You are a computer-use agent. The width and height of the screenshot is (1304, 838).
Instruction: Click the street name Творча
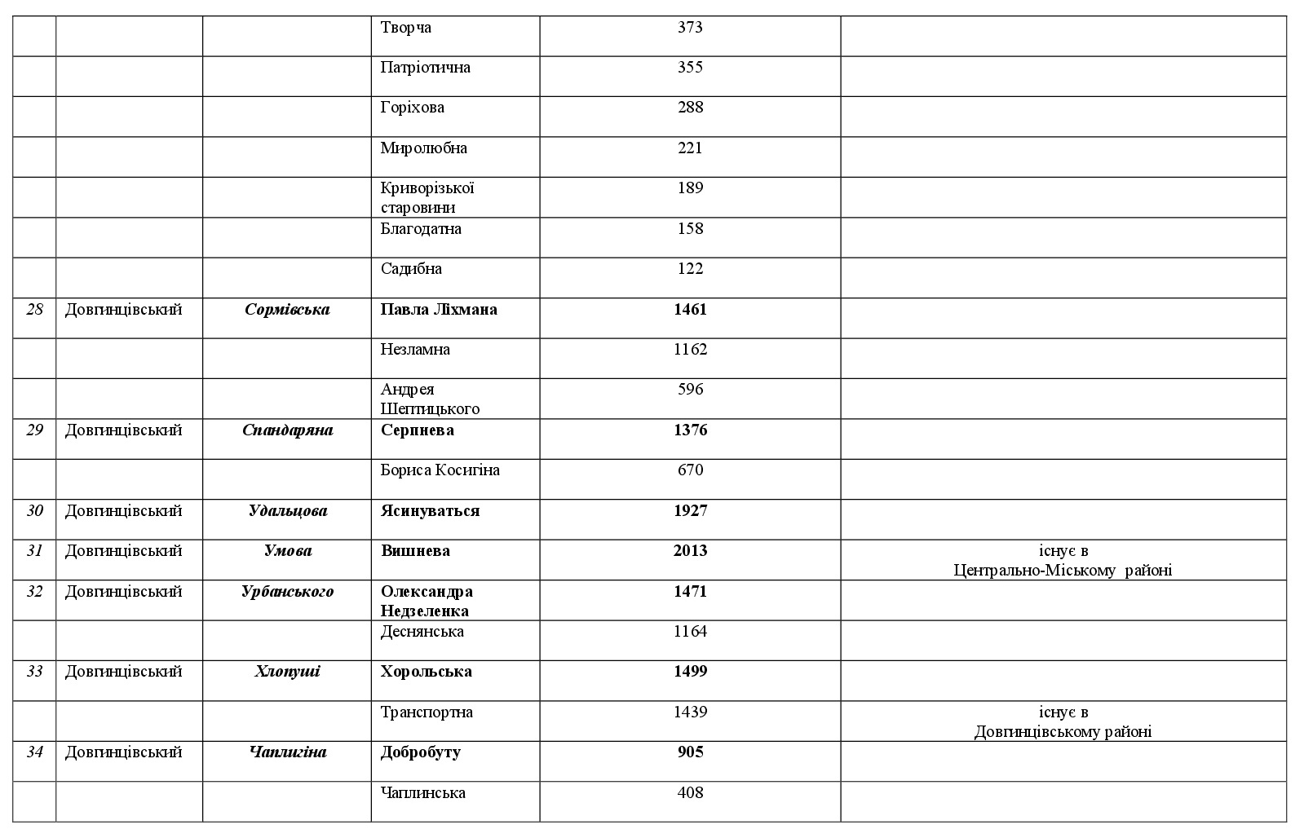pyautogui.click(x=406, y=28)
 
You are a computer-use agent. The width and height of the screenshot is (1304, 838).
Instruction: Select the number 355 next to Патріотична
pyautogui.click(x=690, y=68)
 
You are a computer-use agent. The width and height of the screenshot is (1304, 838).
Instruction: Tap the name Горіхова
pyautogui.click(x=413, y=108)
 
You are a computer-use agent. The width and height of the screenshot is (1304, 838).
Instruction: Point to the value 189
pyautogui.click(x=690, y=188)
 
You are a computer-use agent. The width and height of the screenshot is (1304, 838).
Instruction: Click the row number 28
pyautogui.click(x=34, y=310)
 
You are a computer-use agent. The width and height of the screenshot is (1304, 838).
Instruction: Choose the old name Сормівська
pyautogui.click(x=287, y=310)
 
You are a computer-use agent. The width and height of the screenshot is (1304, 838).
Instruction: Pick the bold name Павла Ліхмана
pyautogui.click(x=439, y=310)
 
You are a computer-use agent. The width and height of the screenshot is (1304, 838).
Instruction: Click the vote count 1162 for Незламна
pyautogui.click(x=690, y=350)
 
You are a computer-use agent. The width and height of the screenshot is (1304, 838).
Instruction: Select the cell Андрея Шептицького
pyautogui.click(x=430, y=399)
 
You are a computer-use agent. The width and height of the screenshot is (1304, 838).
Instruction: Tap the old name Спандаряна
pyautogui.click(x=287, y=430)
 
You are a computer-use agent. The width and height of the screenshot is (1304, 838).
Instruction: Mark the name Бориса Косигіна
pyautogui.click(x=440, y=470)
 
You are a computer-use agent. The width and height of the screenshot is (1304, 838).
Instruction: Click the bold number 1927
pyautogui.click(x=690, y=511)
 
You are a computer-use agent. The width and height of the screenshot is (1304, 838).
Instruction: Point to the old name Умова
pyautogui.click(x=287, y=551)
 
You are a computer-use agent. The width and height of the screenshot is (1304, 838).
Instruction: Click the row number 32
pyautogui.click(x=34, y=592)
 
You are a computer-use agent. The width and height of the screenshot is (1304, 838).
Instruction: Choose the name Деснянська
pyautogui.click(x=422, y=632)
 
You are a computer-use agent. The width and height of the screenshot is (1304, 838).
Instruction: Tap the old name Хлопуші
pyautogui.click(x=287, y=672)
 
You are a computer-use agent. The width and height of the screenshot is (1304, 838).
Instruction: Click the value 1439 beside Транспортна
pyautogui.click(x=690, y=712)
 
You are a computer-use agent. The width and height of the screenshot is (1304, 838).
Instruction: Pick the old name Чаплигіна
pyautogui.click(x=287, y=752)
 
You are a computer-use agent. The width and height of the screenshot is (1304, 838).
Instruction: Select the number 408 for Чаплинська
pyautogui.click(x=690, y=793)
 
